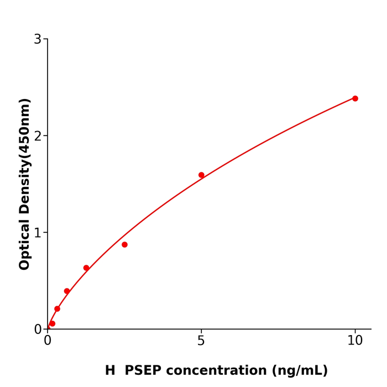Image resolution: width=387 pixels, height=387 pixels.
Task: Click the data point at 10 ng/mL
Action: [x=355, y=98]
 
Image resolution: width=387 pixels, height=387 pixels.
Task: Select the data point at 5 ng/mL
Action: [x=201, y=175]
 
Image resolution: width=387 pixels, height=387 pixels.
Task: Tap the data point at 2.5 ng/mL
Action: [x=124, y=244]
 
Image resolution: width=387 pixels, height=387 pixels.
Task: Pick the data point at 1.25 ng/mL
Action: [x=86, y=268]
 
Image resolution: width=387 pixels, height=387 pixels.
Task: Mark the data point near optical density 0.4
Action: [x=67, y=291]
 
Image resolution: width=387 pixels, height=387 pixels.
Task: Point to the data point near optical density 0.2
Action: [x=57, y=309]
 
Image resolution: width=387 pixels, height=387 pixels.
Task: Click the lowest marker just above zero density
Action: [x=53, y=323]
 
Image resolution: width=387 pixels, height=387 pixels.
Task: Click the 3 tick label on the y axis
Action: [x=38, y=39]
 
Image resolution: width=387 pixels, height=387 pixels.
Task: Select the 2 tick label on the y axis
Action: [x=38, y=136]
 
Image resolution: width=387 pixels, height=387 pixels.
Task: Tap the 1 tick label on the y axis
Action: [x=38, y=233]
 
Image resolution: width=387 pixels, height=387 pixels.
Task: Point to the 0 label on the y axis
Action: [x=38, y=330]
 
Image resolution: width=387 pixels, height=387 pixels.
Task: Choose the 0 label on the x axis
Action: [x=48, y=341]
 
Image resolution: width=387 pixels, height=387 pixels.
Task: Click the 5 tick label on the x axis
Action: [x=201, y=341]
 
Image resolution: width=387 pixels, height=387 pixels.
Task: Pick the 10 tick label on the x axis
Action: [x=355, y=341]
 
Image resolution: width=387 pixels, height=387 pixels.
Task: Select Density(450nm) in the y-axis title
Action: [x=25, y=158]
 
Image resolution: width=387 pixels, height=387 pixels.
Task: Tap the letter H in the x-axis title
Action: [x=110, y=371]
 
